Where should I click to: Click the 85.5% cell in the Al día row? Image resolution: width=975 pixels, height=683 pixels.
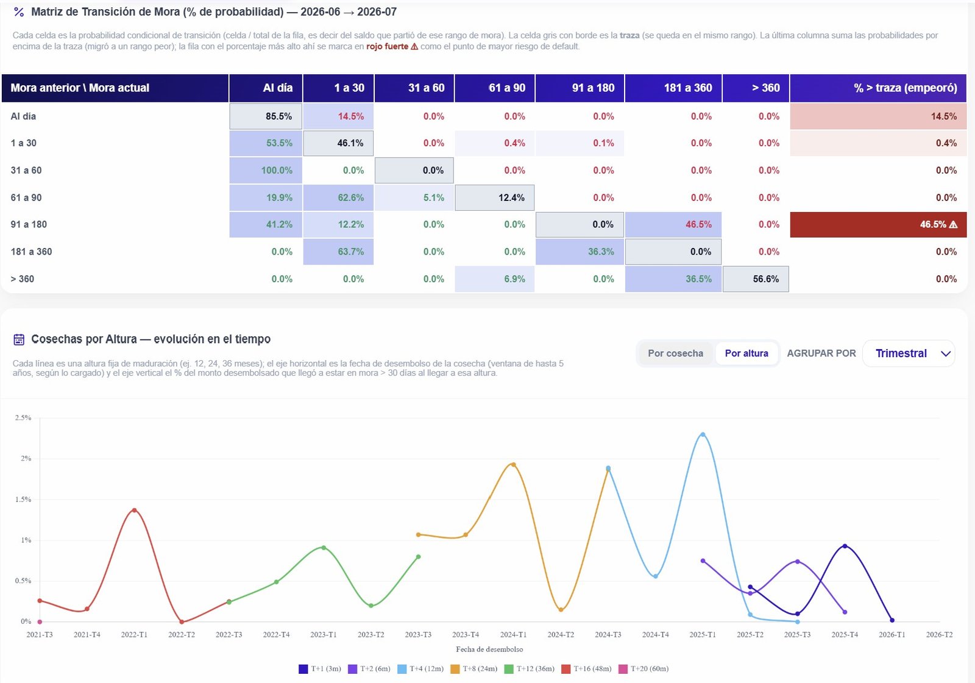[266, 116]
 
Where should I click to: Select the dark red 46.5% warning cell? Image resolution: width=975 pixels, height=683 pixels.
[878, 225]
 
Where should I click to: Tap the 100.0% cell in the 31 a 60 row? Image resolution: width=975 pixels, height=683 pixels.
[266, 170]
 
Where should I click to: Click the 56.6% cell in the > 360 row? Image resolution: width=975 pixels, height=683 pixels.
[756, 279]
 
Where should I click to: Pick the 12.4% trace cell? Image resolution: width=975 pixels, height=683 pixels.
[494, 197]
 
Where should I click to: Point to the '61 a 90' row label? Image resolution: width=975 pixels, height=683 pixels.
[26, 197]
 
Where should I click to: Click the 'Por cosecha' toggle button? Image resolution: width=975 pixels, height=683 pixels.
[676, 353]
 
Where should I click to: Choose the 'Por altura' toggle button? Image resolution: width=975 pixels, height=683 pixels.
[746, 353]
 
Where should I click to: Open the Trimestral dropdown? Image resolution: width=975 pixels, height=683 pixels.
[909, 353]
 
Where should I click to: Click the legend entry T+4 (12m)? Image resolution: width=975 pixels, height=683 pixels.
[420, 668]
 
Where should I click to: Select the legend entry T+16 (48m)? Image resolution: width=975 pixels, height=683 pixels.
[586, 668]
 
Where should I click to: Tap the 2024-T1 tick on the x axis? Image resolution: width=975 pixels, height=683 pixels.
[513, 635]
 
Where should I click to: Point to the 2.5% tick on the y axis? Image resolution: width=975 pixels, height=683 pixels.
[23, 418]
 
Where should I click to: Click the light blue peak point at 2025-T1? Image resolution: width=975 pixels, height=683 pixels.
[703, 434]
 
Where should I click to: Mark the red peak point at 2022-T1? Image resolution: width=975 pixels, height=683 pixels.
[134, 510]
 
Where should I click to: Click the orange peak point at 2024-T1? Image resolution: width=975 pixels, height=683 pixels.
[513, 465]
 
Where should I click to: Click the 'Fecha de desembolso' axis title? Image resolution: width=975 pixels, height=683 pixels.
[489, 649]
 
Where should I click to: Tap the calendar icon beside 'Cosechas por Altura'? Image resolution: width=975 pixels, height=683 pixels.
[19, 339]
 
